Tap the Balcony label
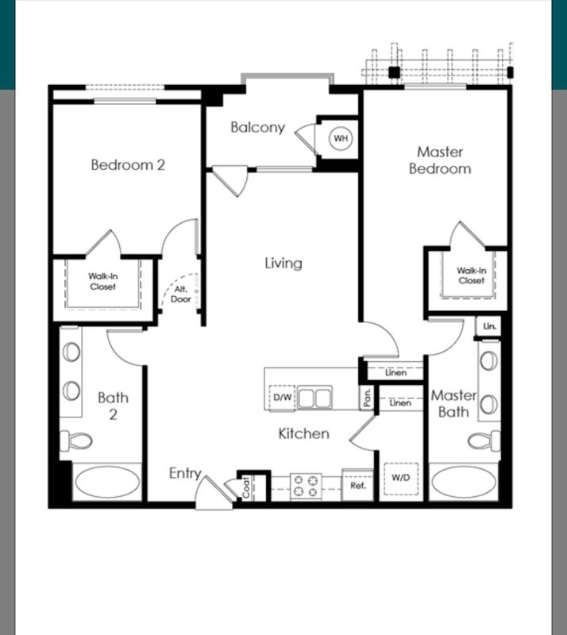click(258, 128)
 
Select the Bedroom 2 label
click(128, 165)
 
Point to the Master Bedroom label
click(440, 160)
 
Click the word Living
click(283, 264)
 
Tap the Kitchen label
click(303, 433)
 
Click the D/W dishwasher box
click(282, 398)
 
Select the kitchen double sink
click(314, 398)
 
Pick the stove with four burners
click(306, 486)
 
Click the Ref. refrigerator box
click(358, 485)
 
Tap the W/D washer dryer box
click(401, 479)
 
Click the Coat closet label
click(246, 487)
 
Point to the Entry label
click(185, 473)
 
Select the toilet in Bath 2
click(76, 441)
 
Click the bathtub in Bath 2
click(107, 482)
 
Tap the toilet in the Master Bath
click(484, 441)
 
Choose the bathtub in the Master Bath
click(463, 482)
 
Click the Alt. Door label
click(181, 294)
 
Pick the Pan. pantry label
click(367, 398)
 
